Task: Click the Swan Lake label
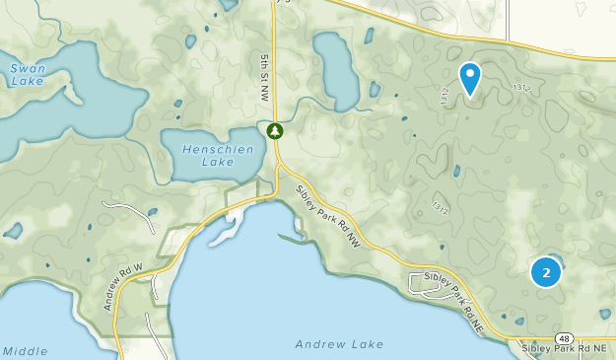[27, 75]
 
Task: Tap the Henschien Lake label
[218, 155]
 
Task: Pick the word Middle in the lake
[25, 351]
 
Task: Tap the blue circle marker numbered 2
[546, 271]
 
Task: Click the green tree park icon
[274, 130]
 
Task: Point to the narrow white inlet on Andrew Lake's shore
[225, 230]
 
